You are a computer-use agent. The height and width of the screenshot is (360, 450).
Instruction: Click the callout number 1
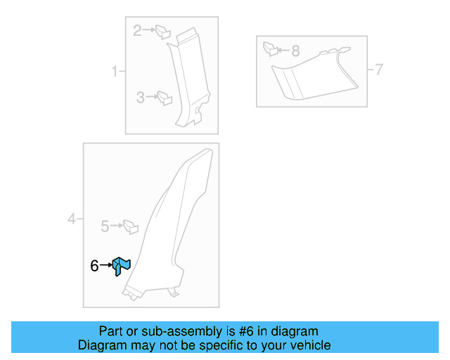tap(114, 72)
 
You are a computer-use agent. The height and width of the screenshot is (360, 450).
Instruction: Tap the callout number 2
tap(138, 30)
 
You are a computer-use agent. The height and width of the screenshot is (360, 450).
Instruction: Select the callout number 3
tap(141, 98)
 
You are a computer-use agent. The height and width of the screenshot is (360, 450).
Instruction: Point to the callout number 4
tap(72, 220)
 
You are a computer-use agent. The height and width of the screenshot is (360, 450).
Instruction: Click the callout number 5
tap(105, 226)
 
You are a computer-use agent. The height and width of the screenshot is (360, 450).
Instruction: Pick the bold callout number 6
tap(94, 266)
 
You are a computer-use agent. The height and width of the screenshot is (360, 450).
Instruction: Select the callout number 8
tap(295, 51)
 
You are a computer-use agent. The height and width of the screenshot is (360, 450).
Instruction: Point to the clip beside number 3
tap(165, 98)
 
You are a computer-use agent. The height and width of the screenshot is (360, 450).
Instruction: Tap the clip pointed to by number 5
tap(130, 226)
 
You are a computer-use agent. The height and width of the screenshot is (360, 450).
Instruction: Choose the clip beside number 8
tap(270, 49)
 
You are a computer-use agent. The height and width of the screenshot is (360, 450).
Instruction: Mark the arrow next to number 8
tap(283, 51)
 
